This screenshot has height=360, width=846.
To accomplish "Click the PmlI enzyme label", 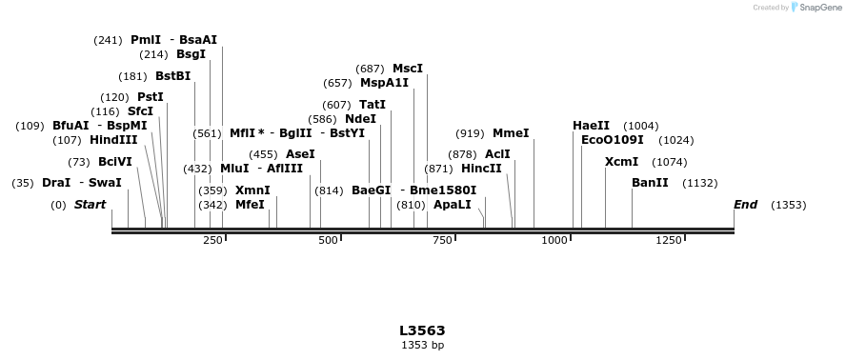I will (x=146, y=40).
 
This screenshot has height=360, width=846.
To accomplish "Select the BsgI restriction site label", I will (x=191, y=54).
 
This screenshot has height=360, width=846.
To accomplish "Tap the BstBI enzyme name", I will (x=172, y=76).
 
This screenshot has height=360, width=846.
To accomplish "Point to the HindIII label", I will (x=113, y=140).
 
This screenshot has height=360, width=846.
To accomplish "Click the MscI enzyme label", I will (x=407, y=69).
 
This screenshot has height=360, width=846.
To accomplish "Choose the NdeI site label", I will (x=360, y=119).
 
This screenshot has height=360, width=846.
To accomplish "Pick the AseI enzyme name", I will (x=300, y=154).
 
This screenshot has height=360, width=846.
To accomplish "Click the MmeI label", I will (x=511, y=133).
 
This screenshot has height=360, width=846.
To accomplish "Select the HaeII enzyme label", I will (x=591, y=126).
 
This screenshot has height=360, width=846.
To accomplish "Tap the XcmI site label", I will (x=621, y=162).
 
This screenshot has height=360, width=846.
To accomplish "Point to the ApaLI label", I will (x=452, y=205).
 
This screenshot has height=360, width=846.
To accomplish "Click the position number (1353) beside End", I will (x=789, y=205).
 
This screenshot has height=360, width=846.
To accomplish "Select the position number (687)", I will (x=370, y=69).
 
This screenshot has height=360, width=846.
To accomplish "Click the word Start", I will (x=90, y=205).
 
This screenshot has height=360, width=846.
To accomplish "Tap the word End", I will (x=745, y=205).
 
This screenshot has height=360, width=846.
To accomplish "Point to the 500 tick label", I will (x=328, y=241).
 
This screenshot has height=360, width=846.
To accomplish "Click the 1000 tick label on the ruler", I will (x=554, y=241).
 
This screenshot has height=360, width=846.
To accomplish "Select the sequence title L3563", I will (x=422, y=330).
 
